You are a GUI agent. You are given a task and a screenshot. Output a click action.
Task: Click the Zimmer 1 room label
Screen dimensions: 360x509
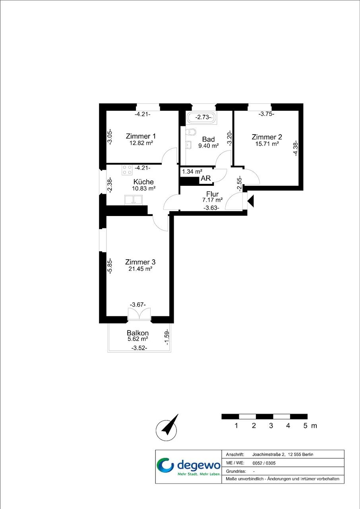pos(141,136)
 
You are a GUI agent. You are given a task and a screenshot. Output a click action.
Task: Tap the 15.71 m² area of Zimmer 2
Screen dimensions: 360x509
pos(267,144)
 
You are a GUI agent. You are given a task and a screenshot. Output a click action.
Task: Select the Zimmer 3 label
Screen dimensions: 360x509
pos(140,262)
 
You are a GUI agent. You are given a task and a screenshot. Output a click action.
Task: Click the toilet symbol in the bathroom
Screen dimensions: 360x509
pos(191,132)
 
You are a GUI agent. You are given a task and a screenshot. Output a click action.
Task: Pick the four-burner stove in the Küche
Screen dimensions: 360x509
pos(127,170)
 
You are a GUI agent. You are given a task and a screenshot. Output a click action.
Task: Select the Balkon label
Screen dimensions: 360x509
pos(137,333)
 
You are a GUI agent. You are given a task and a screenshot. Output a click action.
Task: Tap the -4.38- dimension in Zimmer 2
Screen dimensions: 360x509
pos(296,148)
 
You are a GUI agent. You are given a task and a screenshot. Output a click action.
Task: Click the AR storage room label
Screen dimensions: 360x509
pos(206,178)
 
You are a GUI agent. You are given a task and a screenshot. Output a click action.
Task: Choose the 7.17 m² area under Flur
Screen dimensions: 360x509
pos(213,200)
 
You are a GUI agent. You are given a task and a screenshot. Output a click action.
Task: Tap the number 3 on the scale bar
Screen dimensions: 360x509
pos(271,426)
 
